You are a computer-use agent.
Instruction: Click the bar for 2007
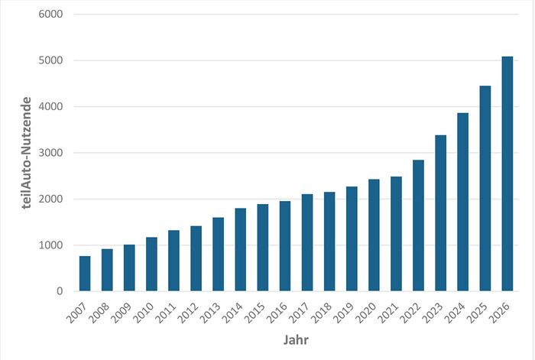(85, 274)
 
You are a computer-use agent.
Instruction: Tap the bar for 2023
(441, 213)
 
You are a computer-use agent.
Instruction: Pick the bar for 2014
(241, 249)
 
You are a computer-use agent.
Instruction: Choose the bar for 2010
(151, 264)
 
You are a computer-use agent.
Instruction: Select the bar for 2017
(307, 242)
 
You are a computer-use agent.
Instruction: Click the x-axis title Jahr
(296, 339)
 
